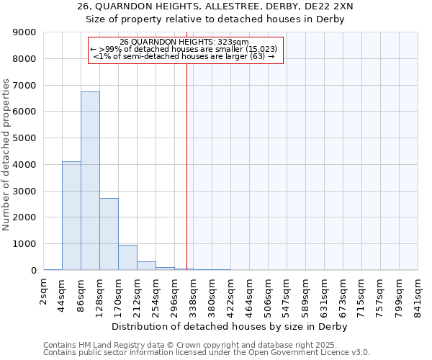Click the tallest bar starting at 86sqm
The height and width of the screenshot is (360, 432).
tap(90, 181)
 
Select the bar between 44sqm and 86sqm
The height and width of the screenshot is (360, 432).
tap(71, 216)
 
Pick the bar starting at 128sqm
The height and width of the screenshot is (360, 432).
tap(109, 234)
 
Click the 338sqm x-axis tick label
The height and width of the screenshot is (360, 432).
tap(193, 295)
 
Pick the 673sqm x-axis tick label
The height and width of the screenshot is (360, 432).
tap(343, 295)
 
